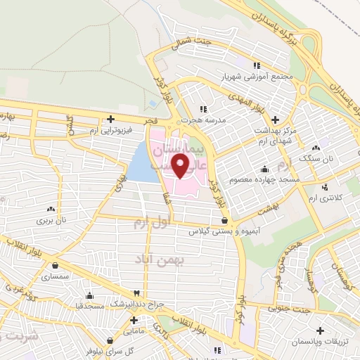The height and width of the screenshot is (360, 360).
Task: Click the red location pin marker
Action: point(181,165)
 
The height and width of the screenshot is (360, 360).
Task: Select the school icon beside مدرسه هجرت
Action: point(205,109)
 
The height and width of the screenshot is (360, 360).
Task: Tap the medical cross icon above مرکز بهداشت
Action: point(274,120)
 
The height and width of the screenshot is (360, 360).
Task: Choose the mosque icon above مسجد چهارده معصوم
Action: point(264,169)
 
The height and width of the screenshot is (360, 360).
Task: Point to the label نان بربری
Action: point(51,220)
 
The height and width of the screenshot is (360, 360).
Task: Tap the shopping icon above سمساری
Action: point(56,266)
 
